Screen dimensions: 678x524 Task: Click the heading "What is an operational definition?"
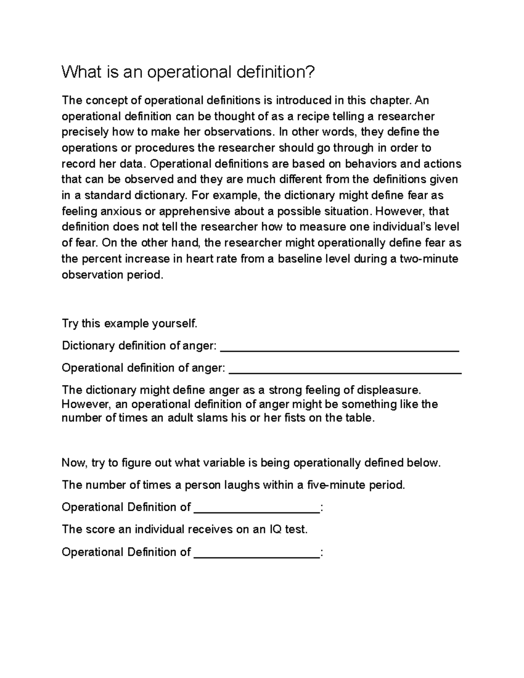point(188,72)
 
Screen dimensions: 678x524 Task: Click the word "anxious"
point(119,211)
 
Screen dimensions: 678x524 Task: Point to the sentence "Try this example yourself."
point(130,324)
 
